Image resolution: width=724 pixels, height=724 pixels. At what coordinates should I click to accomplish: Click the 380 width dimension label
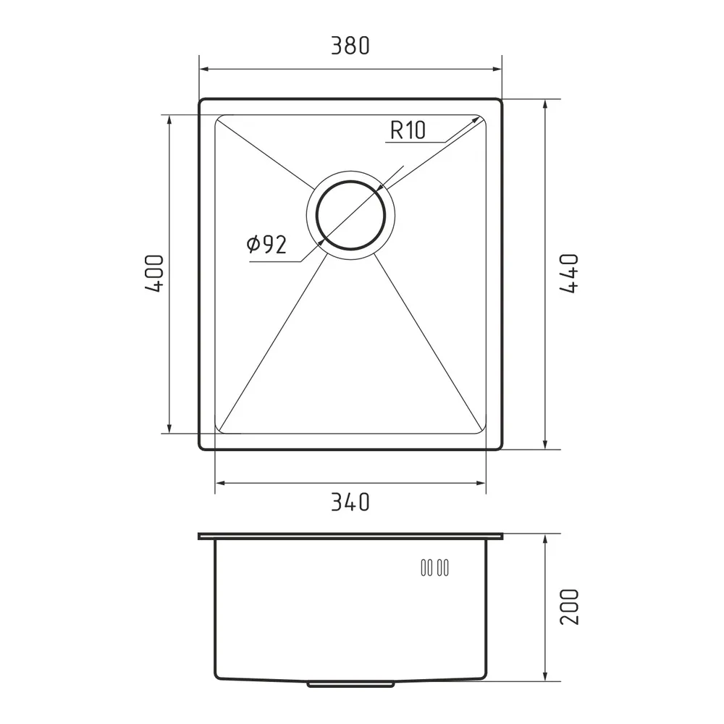click(x=350, y=46)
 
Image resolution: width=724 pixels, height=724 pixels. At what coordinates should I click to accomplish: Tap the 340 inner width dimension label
click(x=350, y=502)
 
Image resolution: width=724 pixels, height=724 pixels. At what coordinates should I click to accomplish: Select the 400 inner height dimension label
click(x=154, y=274)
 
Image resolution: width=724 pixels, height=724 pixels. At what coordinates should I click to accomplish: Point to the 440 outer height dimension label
click(x=569, y=274)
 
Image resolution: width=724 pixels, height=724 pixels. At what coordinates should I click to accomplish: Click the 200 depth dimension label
click(x=569, y=607)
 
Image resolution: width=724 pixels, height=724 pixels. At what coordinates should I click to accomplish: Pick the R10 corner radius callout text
click(x=408, y=130)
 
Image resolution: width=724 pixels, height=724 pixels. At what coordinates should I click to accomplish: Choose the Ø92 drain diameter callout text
click(x=266, y=244)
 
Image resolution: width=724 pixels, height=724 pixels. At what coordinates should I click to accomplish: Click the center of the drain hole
click(x=350, y=215)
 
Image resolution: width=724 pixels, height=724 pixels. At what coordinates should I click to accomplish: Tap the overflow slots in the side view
click(x=434, y=568)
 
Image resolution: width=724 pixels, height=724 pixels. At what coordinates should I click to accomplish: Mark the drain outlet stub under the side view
click(x=350, y=684)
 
